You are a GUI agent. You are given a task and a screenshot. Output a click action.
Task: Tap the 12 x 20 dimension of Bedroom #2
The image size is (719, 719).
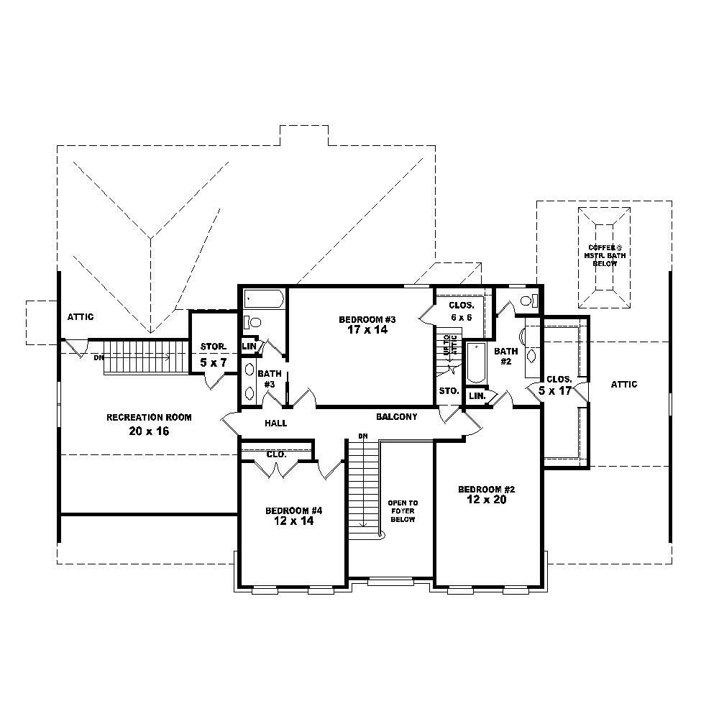(x=487, y=500)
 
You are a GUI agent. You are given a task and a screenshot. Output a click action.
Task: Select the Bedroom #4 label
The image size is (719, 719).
(x=293, y=510)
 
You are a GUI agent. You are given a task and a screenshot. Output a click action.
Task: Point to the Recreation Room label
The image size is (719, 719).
(x=149, y=417)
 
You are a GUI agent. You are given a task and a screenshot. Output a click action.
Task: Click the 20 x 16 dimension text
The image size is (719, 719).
(x=149, y=431)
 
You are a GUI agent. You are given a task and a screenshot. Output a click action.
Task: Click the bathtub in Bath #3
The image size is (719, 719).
(x=263, y=299)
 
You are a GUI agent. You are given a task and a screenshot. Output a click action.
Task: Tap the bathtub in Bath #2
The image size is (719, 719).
(x=477, y=364)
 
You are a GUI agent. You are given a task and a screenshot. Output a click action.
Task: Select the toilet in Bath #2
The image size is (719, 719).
(x=529, y=301)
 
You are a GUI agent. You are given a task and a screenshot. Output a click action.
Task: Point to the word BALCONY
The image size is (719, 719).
(x=396, y=417)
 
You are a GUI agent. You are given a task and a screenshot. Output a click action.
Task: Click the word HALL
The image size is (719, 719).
(x=275, y=423)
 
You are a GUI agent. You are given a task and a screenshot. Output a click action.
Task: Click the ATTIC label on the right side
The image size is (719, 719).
(x=623, y=385)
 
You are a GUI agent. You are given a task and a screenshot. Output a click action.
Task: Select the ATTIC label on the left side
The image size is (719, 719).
(x=81, y=317)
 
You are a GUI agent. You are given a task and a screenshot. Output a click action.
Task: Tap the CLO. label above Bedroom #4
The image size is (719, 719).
(x=276, y=454)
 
